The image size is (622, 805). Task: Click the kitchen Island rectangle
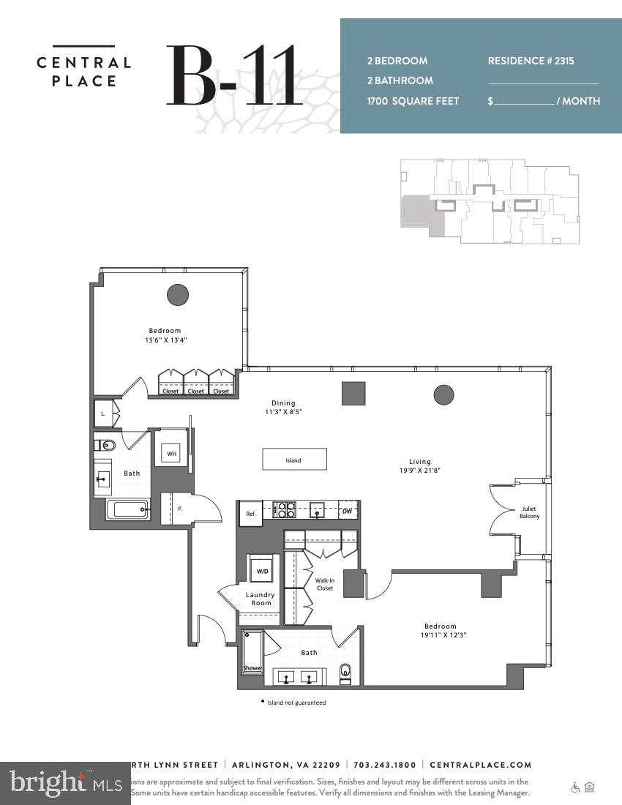pyautogui.click(x=294, y=460)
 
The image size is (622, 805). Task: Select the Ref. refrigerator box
pyautogui.click(x=250, y=514)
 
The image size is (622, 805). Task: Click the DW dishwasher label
pyautogui.click(x=347, y=512)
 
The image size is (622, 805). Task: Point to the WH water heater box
pyautogui.click(x=171, y=454)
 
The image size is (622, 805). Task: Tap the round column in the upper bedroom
pyautogui.click(x=178, y=295)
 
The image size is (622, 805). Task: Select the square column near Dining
pyautogui.click(x=353, y=393)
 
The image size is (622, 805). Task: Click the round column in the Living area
pyautogui.click(x=443, y=395)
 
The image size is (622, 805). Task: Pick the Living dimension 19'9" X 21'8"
pyautogui.click(x=420, y=471)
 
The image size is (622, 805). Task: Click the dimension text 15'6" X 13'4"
pyautogui.click(x=165, y=340)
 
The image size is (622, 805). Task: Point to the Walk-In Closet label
pyautogui.click(x=324, y=584)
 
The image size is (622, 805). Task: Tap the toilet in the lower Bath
pyautogui.click(x=346, y=671)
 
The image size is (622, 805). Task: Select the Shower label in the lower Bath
pyautogui.click(x=252, y=667)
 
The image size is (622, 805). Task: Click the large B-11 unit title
pyautogui.click(x=233, y=75)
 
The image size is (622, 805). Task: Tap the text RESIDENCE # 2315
pyautogui.click(x=531, y=61)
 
